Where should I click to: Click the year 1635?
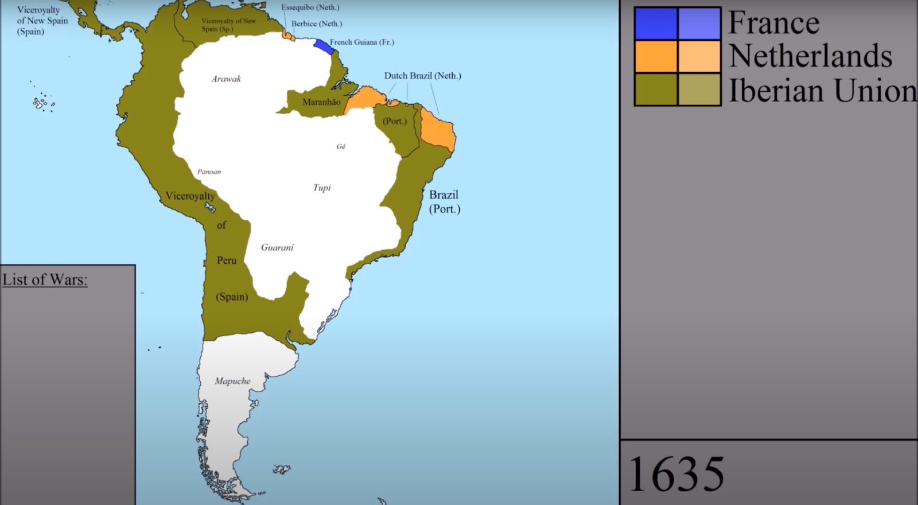pos(676,474)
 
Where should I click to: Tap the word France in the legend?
pos(773,23)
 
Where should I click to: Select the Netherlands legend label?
pos(810,56)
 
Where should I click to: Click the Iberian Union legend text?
pos(822,91)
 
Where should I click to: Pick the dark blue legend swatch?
pos(655,24)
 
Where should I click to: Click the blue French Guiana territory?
pos(324,46)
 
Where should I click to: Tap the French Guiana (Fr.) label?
pos(361,42)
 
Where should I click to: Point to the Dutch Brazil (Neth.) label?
pos(422,76)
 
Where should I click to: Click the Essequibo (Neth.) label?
pos(310,7)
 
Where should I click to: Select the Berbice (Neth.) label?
pos(316,24)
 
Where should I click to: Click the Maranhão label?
pos(321,102)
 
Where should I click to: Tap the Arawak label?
pos(226,79)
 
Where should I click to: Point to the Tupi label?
pos(322,188)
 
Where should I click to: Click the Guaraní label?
pos(277,247)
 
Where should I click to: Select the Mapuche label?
pos(232,381)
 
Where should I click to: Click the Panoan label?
pos(209,172)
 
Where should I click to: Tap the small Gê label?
pos(341,147)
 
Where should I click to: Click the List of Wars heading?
pos(45,279)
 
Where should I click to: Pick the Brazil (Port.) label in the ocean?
pos(444,202)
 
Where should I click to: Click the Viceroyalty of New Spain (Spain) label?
pos(42,21)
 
